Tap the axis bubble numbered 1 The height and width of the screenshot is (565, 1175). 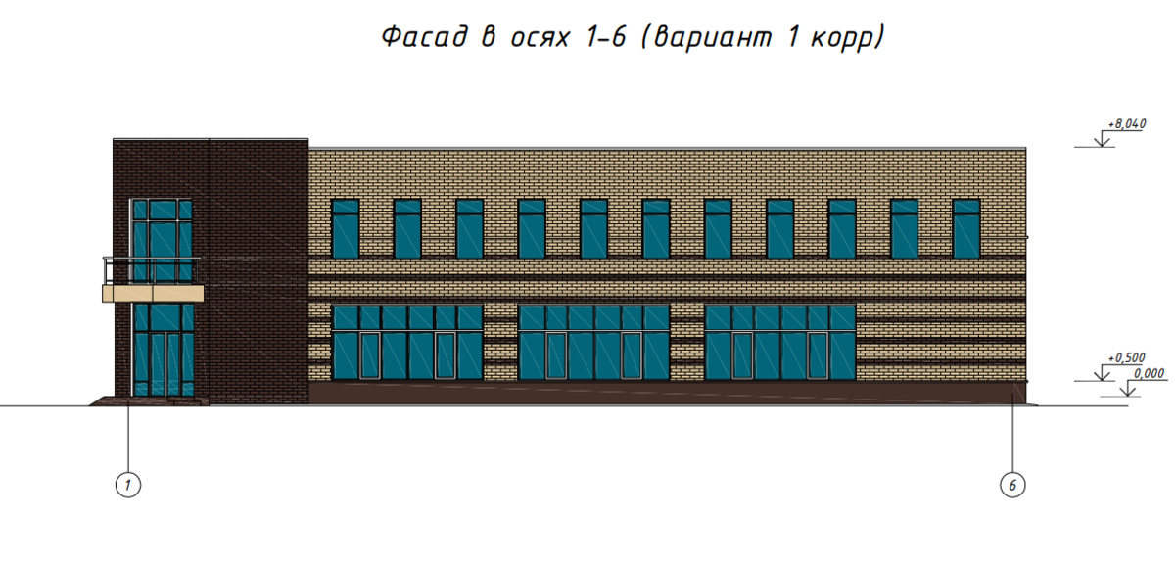tap(127, 483)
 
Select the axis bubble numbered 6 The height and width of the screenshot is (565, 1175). tap(1013, 483)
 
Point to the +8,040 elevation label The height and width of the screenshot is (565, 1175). tap(1126, 125)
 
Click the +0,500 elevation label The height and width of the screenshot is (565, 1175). tap(1126, 359)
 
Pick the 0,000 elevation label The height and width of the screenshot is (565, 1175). tap(1149, 373)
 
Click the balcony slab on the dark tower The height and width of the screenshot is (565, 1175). tap(154, 292)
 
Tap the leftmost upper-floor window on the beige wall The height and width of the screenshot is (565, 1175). tap(347, 228)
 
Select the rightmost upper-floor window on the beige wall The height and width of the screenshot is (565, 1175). tap(966, 228)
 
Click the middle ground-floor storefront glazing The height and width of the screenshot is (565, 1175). tap(594, 342)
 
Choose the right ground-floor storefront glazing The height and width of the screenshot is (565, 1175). tap(780, 342)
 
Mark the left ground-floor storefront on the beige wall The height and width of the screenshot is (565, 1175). tap(408, 342)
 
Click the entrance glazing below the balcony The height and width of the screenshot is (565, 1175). tap(163, 350)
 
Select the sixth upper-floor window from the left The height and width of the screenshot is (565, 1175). tap(656, 228)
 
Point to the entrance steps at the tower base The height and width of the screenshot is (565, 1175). tap(147, 400)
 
